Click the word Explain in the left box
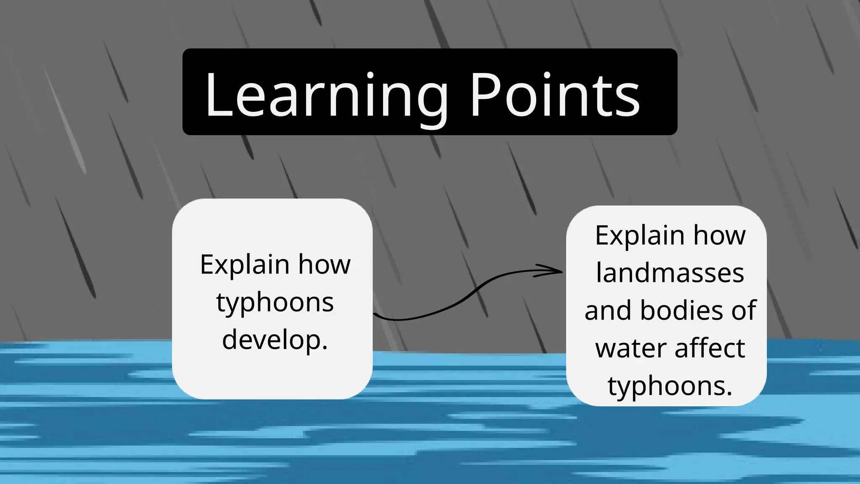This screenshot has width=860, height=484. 245,266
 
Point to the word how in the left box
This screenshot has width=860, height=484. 324,265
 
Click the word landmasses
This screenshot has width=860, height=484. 670,273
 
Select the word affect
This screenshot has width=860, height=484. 710,348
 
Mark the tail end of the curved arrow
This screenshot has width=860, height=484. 375,314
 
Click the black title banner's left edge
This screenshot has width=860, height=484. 184,92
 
